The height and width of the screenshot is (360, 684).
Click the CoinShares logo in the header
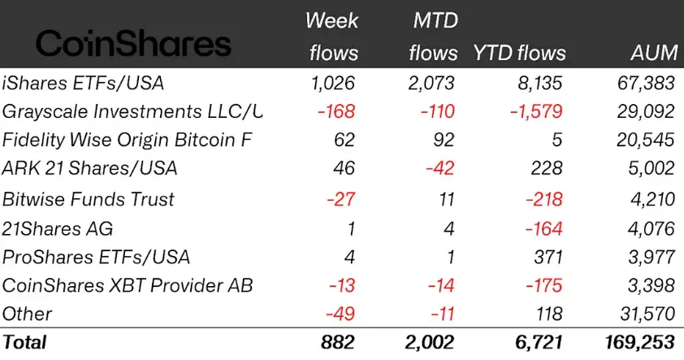[x=134, y=42]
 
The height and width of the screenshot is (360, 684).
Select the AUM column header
[x=655, y=53]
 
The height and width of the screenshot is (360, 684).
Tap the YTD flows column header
[x=519, y=53]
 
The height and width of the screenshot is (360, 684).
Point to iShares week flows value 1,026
[x=333, y=81]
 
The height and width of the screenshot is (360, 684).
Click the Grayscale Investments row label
[x=132, y=111]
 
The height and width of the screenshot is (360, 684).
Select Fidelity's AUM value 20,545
[x=645, y=140]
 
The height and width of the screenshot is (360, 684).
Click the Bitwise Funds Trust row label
[x=89, y=198]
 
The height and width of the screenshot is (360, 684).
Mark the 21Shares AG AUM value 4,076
[x=648, y=228]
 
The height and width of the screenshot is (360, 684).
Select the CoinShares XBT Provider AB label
[x=128, y=286]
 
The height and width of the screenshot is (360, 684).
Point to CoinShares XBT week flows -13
[x=341, y=286]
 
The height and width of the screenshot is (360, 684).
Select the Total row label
[x=25, y=342]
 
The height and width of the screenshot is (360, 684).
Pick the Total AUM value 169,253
[x=639, y=342]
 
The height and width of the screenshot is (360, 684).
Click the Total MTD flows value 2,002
[x=431, y=342]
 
